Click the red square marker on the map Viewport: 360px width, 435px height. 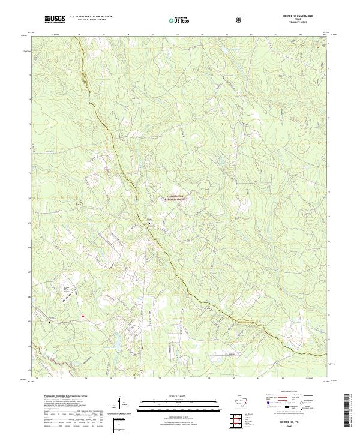[83, 316]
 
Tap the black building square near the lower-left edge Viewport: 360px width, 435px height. [50, 321]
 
